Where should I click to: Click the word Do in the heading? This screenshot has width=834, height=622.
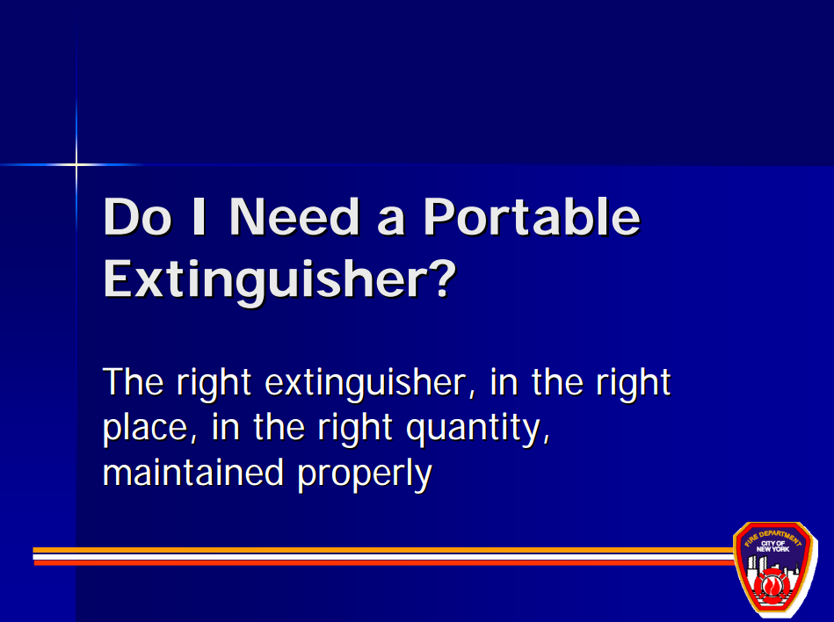[138, 216]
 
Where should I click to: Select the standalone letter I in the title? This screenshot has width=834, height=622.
[199, 216]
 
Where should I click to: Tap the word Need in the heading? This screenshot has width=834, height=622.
[294, 216]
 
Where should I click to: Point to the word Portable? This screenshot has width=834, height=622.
[532, 216]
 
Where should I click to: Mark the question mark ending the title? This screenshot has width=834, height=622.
[442, 278]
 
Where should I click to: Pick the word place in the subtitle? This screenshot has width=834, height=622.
[145, 428]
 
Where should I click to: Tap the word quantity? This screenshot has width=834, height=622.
[477, 428]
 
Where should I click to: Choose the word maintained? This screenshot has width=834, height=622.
[192, 473]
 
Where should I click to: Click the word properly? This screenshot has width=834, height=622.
[365, 474]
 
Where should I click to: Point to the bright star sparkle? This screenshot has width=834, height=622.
[76, 165]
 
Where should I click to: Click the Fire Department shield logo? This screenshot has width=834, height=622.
[774, 568]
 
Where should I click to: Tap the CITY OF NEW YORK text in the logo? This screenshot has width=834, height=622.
[772, 546]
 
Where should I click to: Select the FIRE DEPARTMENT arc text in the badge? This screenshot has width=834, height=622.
[772, 538]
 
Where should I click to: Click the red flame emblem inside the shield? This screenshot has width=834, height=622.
[771, 586]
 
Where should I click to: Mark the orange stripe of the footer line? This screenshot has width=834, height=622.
[383, 550]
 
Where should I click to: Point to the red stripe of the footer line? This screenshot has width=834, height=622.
[383, 562]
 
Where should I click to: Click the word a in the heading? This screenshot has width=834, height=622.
[391, 222]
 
